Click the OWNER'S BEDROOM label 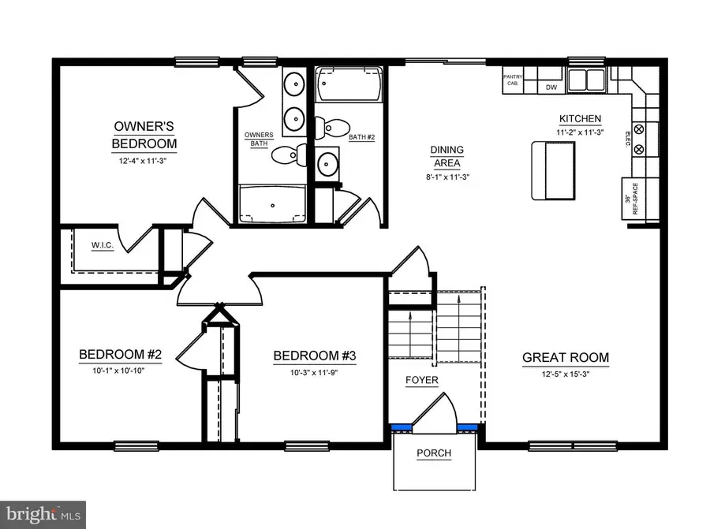[x=144, y=135]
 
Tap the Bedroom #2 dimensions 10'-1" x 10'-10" [x=120, y=370]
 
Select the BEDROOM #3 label [x=315, y=356]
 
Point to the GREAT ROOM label [x=566, y=357]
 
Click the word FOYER [x=422, y=381]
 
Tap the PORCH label [x=434, y=453]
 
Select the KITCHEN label [x=580, y=119]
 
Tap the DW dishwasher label [x=551, y=88]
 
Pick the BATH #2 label [x=361, y=137]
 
